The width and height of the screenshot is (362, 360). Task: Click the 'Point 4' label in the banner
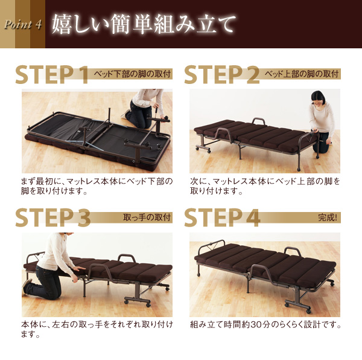coord(23,25)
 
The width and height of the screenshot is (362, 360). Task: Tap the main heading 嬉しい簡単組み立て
coord(144,24)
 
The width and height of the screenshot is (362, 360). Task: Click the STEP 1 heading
coord(52,74)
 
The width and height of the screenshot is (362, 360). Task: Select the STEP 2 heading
coord(222,74)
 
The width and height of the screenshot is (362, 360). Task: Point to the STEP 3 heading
coord(53,217)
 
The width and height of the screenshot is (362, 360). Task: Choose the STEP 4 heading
coord(222,217)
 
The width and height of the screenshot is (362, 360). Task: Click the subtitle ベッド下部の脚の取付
coord(132,74)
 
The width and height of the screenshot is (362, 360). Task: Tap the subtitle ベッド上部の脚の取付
coord(302,74)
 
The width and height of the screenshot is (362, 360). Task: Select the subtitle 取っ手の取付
coord(147,217)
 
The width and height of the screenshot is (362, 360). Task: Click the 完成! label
coord(328,217)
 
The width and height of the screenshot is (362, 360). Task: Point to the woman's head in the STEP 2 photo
coord(318,98)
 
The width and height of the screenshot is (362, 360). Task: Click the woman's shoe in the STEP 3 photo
coord(27,284)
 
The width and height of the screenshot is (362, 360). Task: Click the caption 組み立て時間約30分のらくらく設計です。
coord(265,324)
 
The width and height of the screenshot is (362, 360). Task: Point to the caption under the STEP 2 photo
coord(265,186)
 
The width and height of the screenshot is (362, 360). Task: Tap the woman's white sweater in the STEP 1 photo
coord(148,98)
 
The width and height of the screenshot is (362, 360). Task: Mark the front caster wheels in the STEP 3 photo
coord(138,303)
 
